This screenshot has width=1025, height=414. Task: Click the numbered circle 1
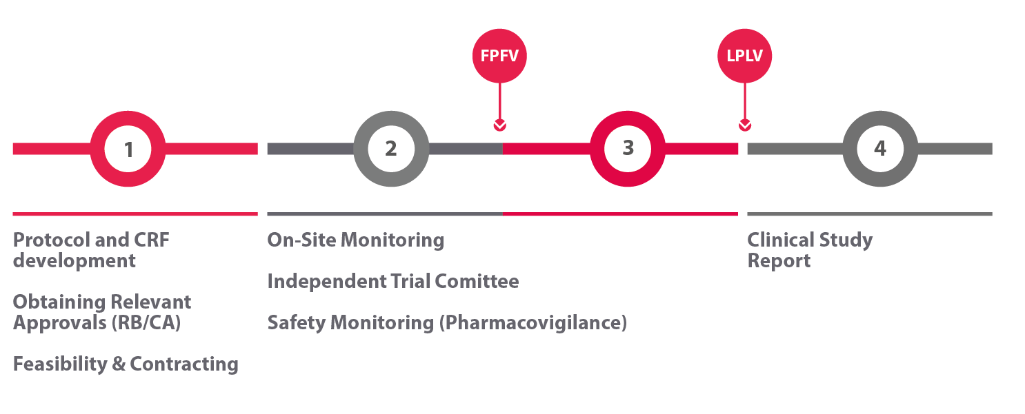128,149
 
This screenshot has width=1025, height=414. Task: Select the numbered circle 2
390,149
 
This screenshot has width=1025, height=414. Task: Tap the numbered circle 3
628,149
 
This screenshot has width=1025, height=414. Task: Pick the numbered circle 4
879,149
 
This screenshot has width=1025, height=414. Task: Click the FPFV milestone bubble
499,56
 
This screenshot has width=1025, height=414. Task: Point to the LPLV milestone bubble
745,56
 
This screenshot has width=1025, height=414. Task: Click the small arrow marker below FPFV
499,125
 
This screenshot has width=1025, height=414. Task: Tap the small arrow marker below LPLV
745,125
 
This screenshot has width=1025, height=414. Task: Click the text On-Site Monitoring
355,240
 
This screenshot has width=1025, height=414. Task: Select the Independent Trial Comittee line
392,282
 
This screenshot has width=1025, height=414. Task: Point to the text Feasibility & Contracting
126,364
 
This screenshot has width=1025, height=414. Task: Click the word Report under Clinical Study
779,261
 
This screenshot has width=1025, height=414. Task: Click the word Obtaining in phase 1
59,302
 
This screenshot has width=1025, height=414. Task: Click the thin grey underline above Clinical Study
869,214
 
